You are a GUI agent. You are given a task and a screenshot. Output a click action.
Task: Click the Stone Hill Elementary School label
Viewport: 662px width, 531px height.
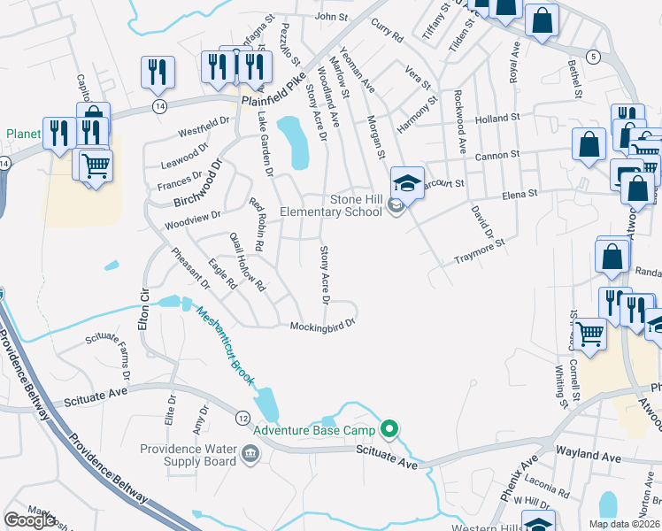tap(331, 205)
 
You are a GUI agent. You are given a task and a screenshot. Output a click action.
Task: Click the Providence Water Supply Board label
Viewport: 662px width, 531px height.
tap(188, 455)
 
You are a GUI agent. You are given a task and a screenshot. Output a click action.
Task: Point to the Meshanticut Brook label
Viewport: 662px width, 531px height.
tap(225, 346)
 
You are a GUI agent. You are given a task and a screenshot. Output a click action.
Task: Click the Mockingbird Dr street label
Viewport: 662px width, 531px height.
tap(323, 325)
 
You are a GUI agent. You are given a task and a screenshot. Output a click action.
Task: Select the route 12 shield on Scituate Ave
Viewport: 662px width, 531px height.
tap(242, 416)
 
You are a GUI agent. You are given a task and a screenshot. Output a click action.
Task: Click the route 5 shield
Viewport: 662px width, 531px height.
tap(593, 57)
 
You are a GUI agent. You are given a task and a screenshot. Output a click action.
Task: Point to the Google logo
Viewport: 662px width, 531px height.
tap(30, 520)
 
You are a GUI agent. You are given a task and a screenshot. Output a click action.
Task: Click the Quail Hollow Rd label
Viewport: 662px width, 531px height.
tap(247, 262)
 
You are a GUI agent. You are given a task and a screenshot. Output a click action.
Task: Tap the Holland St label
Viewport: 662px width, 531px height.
tap(496, 119)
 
